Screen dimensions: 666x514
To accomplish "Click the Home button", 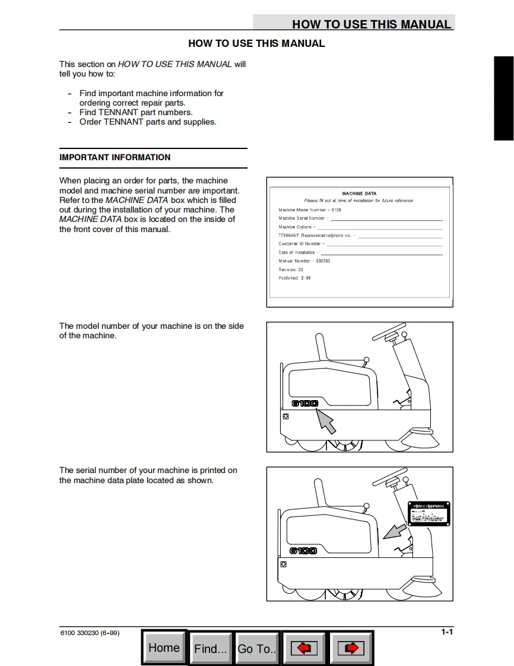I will click(x=164, y=648).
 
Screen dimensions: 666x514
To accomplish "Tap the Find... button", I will click(x=211, y=649).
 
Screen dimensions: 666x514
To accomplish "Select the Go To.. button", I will click(x=257, y=649).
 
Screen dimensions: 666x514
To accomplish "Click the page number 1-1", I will click(x=447, y=632).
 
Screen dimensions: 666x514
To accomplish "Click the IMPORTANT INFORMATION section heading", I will click(x=115, y=157).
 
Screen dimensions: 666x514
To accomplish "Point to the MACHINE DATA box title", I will click(x=359, y=194).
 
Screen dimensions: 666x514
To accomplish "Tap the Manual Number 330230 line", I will click(x=304, y=261).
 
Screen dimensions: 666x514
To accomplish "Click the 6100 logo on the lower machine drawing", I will click(x=303, y=551).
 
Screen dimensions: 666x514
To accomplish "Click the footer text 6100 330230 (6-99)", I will click(x=90, y=633).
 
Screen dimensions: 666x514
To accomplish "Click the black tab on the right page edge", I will click(x=503, y=99).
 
